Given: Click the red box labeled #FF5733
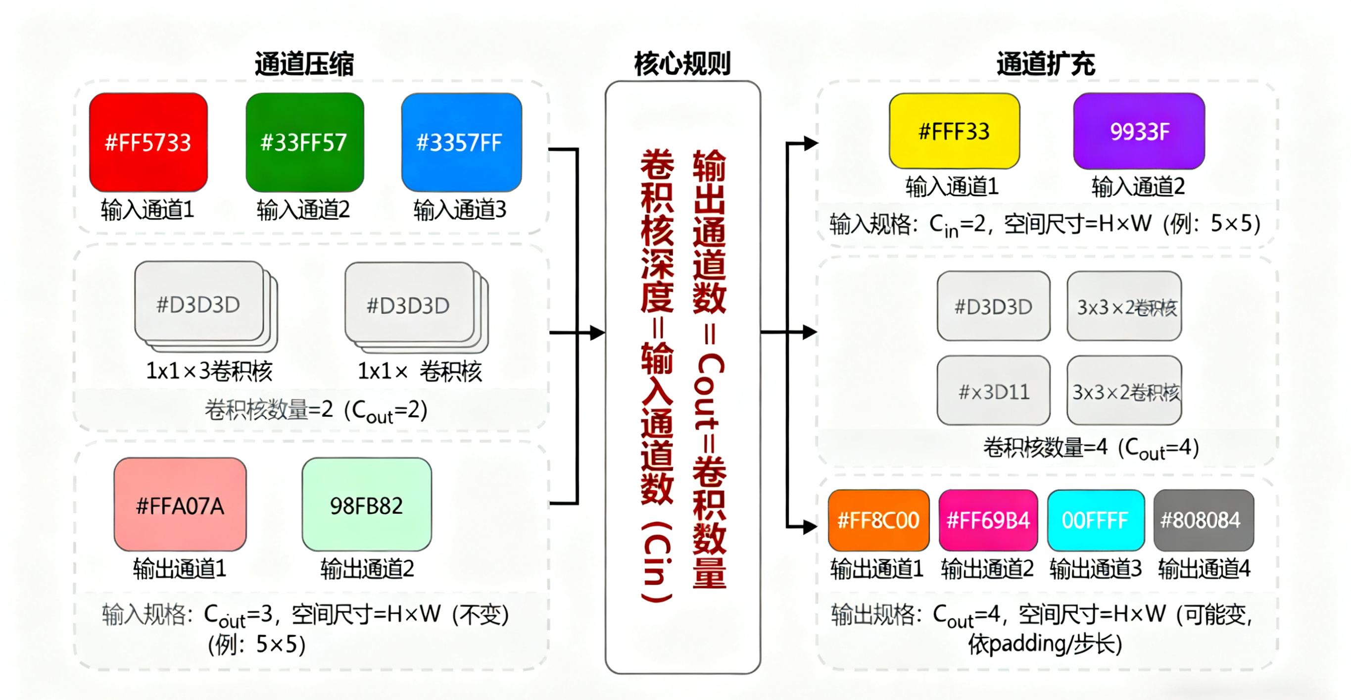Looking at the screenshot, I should pos(148,142).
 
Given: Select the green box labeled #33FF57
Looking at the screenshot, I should pos(305,142).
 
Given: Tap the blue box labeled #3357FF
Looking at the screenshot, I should pos(461,142).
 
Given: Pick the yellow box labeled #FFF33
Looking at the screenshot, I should pos(954,131).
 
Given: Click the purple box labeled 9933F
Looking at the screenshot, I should pos(1139,131).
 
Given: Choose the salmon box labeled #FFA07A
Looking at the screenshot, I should pos(180,504).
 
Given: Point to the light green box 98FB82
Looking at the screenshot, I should pos(367,504).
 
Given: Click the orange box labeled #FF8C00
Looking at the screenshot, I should pos(878,520).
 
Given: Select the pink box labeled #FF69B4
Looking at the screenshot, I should pos(988,520).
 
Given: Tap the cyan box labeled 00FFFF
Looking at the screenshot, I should pos(1096,520).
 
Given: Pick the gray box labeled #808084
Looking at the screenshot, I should pos(1204,520).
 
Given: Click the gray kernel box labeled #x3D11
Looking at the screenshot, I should pos(993,391).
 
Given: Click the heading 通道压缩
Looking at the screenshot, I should pos(304,64).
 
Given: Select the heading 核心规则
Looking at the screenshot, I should pos(682,64).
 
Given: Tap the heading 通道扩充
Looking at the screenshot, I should pos(1046,64).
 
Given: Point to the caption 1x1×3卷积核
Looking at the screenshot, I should pos(209,371).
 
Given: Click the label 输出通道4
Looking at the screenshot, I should pos(1204,568).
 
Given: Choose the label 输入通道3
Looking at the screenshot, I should pos(460,210).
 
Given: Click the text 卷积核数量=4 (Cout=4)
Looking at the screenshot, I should pos(1091,448).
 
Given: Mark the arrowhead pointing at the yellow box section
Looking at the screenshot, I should pos(810,143).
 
